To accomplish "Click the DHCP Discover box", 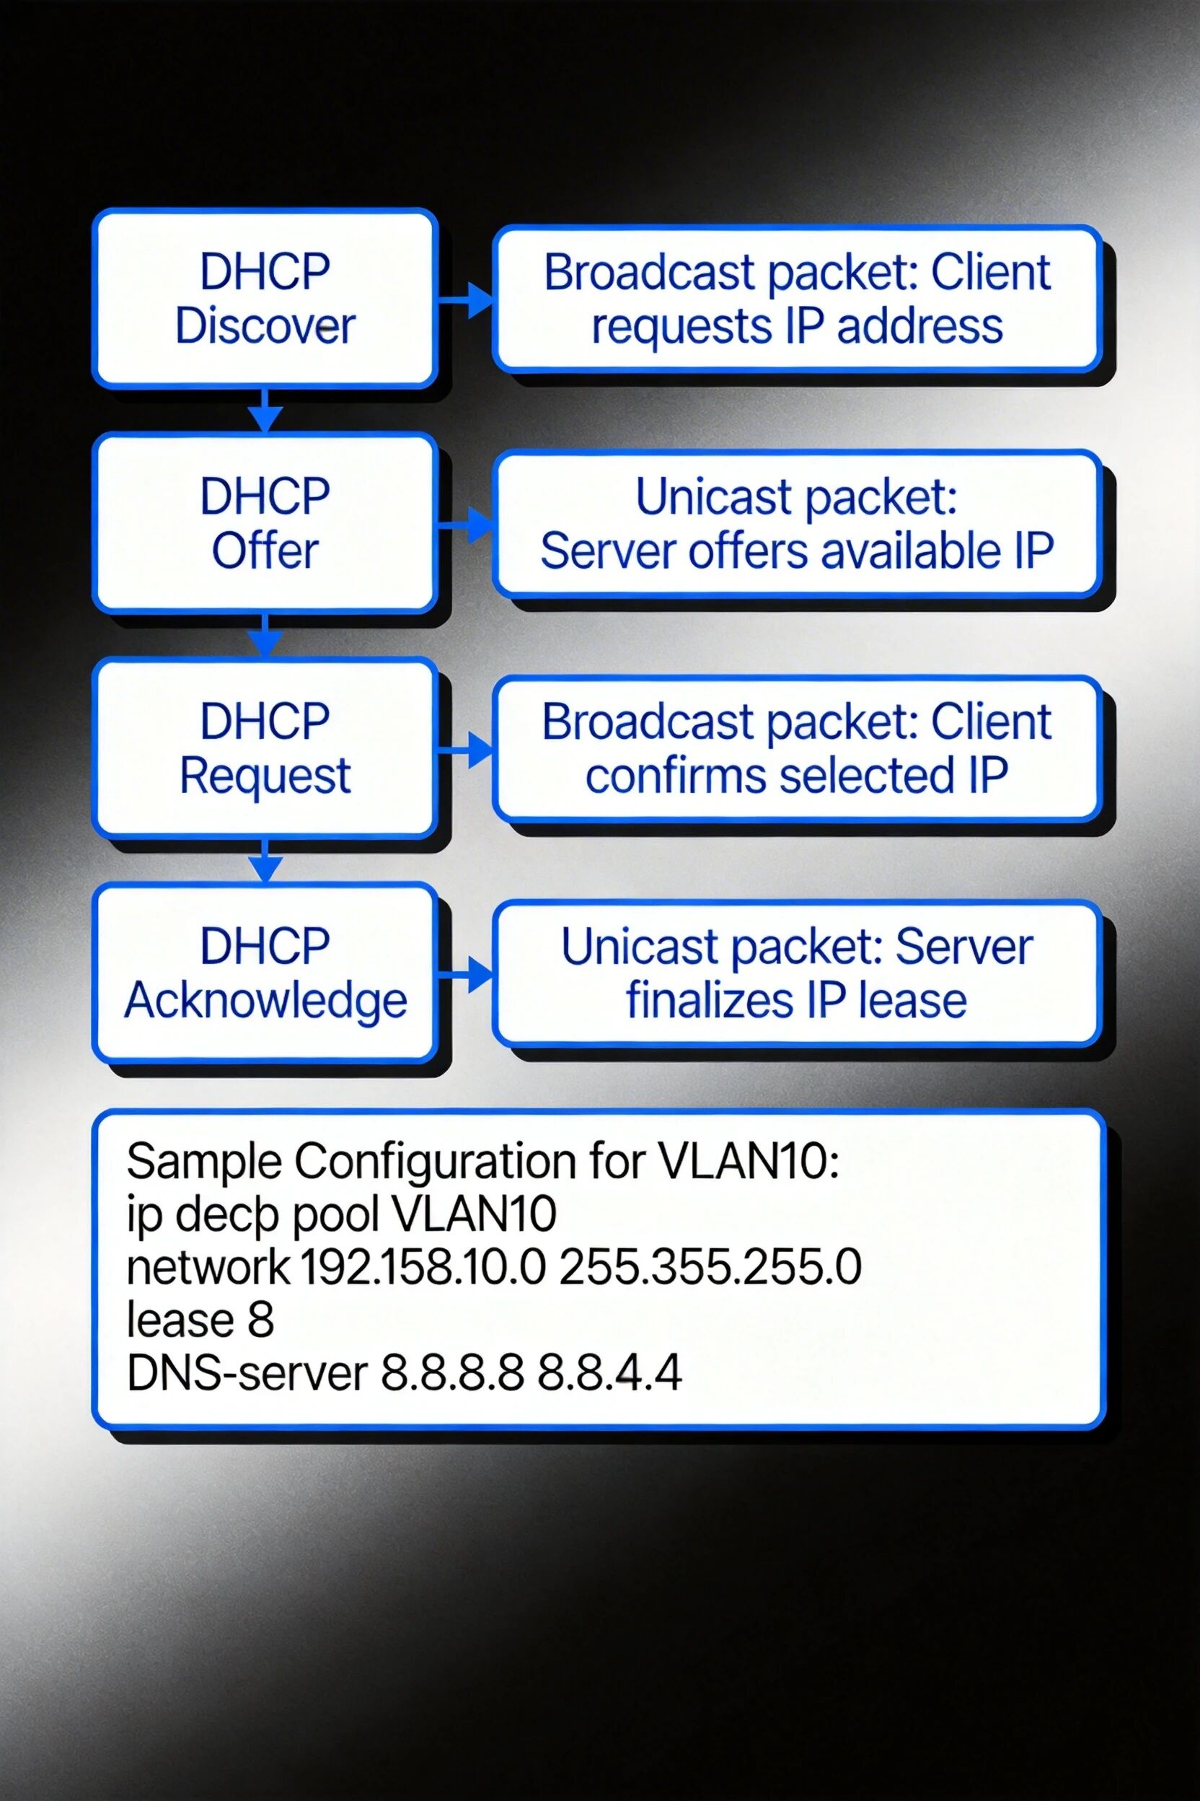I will (265, 298).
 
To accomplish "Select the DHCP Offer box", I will (265, 523).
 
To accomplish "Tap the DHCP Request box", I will (265, 748).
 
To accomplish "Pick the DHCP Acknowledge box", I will (265, 973).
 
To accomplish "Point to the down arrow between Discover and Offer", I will (265, 411).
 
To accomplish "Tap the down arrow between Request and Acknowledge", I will (265, 861).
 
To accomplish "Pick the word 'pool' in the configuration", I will (337, 1214).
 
